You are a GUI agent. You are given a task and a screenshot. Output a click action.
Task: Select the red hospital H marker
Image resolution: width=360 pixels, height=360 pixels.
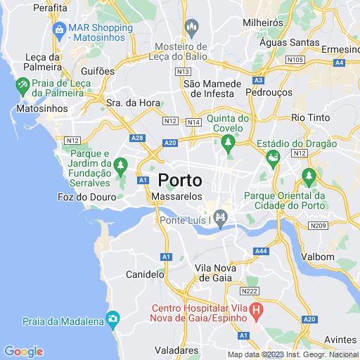click(x=257, y=309)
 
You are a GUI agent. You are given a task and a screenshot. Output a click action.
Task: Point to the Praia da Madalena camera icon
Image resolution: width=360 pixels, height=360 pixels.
click(x=112, y=321)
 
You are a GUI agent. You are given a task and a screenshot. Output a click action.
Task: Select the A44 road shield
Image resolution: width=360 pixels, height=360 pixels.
click(x=261, y=251)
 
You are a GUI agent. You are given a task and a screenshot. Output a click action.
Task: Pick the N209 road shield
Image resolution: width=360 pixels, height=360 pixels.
click(x=319, y=225)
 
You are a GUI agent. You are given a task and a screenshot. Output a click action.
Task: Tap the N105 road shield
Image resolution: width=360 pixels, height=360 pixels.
click(x=295, y=60)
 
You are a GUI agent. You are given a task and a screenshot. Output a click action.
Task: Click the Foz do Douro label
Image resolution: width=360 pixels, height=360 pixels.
click(x=86, y=198)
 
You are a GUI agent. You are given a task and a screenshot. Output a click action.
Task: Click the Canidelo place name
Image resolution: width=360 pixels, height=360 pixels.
click(x=144, y=274)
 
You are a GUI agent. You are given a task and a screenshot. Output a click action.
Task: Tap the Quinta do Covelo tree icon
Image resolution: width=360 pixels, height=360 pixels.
click(x=227, y=143)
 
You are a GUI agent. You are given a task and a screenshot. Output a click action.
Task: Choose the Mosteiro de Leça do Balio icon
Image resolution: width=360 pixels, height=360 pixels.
click(x=191, y=27)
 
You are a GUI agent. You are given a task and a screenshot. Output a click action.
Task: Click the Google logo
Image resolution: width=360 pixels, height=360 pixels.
click(x=23, y=352)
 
